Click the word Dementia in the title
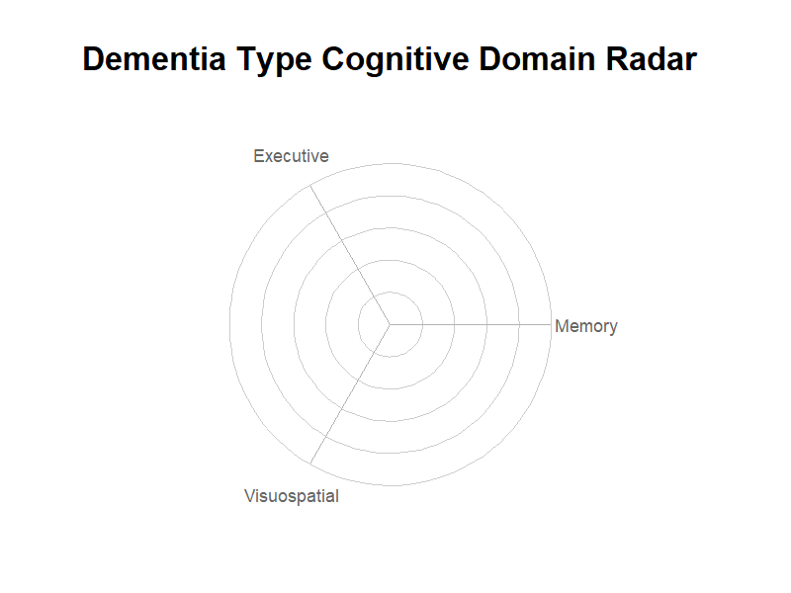point(154,59)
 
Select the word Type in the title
point(275,60)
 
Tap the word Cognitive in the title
point(395,60)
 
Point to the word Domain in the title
point(537,59)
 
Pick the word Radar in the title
point(652,59)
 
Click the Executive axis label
point(291,156)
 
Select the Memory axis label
point(586,326)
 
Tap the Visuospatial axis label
point(292,496)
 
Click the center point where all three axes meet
point(390,324)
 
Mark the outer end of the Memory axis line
point(552,324)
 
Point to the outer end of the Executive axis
point(309,185)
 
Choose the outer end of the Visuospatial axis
point(309,464)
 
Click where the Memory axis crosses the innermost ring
point(422,324)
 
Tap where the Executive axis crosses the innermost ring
point(374,296)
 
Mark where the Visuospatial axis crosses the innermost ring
point(374,352)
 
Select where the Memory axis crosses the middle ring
point(486,324)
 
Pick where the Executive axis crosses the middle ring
point(341,240)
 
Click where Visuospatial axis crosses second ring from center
point(358,381)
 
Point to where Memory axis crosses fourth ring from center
point(519,324)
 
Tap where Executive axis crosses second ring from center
point(358,268)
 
